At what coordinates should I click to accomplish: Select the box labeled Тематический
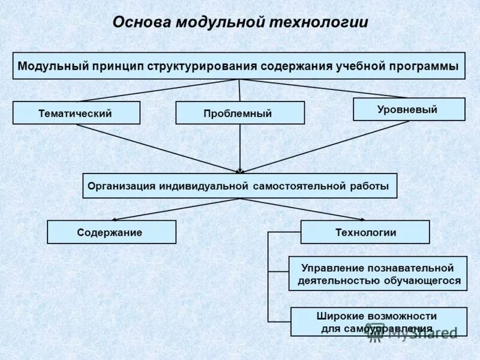click(76, 113)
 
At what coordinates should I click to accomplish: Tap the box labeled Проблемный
click(239, 113)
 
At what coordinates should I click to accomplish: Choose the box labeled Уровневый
click(409, 109)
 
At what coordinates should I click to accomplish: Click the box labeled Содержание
click(111, 232)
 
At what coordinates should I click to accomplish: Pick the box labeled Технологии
click(365, 232)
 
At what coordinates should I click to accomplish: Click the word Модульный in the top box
click(53, 65)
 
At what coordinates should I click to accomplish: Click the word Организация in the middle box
click(122, 186)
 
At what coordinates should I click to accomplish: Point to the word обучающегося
click(421, 280)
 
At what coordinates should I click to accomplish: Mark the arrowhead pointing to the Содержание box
click(115, 220)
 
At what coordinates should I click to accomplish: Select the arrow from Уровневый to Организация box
click(324, 147)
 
